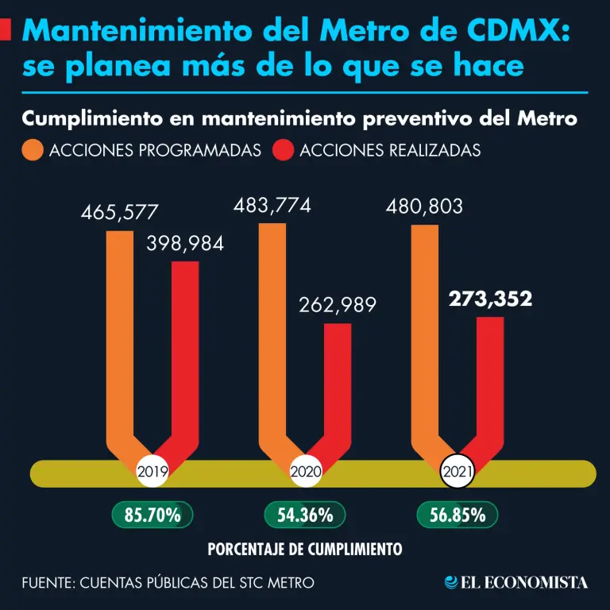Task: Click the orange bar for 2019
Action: (120, 334)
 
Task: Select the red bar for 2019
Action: (185, 349)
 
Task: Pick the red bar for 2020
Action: (338, 381)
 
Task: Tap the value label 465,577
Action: (120, 213)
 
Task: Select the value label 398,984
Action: (185, 244)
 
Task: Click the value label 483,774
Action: (272, 206)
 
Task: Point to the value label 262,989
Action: (338, 306)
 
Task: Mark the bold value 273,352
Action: (490, 299)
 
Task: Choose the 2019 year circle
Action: (152, 473)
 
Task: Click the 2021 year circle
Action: (457, 473)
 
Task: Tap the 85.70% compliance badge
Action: (152, 515)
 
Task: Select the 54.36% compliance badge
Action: (305, 515)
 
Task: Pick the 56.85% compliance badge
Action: (457, 515)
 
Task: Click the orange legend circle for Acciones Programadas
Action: (33, 150)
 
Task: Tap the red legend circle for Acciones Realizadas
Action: (284, 150)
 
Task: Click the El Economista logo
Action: (516, 582)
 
